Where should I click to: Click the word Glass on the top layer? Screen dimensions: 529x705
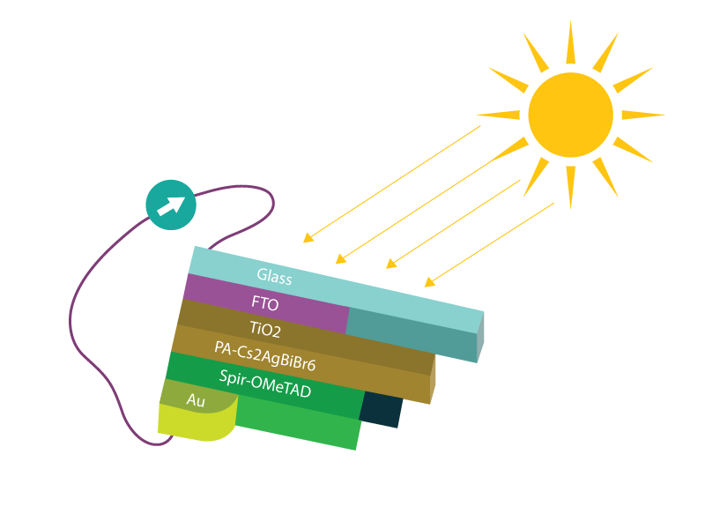point(274,277)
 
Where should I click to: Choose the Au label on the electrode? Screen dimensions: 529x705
point(196,399)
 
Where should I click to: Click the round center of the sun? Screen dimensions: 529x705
point(570,114)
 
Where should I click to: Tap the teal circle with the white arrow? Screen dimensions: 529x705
point(170,205)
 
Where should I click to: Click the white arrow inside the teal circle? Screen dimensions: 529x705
point(172,205)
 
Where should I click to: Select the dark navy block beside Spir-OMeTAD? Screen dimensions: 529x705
point(381,409)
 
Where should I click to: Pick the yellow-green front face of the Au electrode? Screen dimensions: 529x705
point(196,422)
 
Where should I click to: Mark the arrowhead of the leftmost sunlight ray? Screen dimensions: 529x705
point(307,238)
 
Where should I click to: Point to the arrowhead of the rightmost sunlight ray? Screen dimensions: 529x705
point(428,283)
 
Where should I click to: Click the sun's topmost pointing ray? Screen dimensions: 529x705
point(570,42)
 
